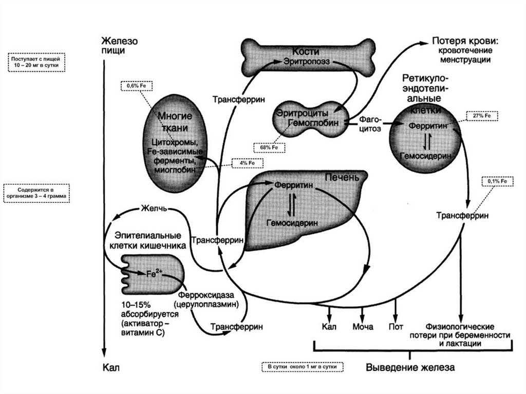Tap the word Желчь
tap(154, 208)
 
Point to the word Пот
tap(396, 326)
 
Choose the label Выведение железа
tap(410, 368)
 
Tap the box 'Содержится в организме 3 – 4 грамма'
tap(35, 193)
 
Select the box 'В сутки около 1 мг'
tap(302, 367)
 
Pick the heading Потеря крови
tap(466, 42)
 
